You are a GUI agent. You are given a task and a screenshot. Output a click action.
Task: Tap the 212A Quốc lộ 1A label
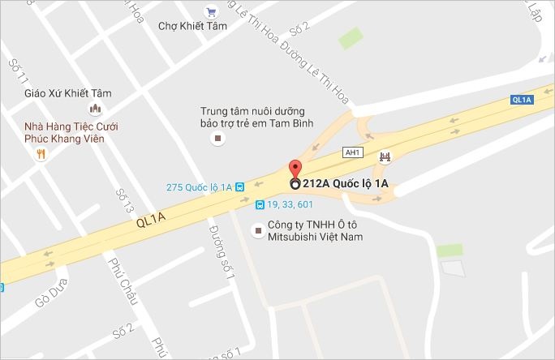click(345, 184)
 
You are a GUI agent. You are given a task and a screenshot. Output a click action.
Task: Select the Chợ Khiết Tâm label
click(192, 26)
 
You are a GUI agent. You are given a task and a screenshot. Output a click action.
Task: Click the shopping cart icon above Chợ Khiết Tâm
click(212, 11)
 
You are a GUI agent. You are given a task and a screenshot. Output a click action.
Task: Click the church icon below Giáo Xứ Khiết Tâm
click(94, 109)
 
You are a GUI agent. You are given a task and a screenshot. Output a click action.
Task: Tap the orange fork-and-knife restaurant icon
click(39, 156)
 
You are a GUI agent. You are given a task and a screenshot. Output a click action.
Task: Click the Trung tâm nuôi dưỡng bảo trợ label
click(252, 118)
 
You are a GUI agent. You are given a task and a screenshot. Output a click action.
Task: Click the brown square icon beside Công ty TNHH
click(258, 231)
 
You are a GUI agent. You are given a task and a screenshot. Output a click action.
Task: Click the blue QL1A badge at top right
click(522, 100)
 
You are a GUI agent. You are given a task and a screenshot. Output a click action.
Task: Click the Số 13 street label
click(123, 204)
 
